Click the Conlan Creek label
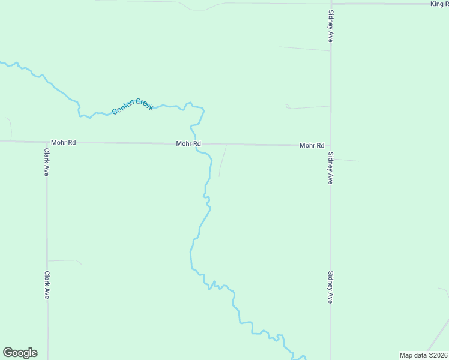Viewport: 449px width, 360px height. click(133, 107)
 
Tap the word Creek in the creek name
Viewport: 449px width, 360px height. click(144, 104)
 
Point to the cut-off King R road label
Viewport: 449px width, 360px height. click(439, 4)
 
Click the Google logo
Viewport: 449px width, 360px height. click(20, 353)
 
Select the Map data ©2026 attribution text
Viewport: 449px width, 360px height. click(424, 355)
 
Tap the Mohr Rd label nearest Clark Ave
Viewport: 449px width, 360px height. click(64, 143)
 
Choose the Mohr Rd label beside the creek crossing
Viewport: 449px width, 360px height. click(188, 144)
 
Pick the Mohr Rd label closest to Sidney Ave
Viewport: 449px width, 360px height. click(312, 146)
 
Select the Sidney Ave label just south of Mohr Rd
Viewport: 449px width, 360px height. click(330, 169)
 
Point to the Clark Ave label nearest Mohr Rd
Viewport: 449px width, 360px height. click(46, 162)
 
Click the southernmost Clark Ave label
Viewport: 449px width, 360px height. click(46, 285)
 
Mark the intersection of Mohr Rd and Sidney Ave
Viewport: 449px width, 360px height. click(330, 146)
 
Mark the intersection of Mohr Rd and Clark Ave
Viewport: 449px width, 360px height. click(47, 143)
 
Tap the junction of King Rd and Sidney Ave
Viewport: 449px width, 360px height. click(330, 4)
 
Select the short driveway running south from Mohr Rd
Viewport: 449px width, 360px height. click(223, 160)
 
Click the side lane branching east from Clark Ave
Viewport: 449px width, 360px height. click(65, 260)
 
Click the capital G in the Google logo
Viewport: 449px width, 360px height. click(8, 353)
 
